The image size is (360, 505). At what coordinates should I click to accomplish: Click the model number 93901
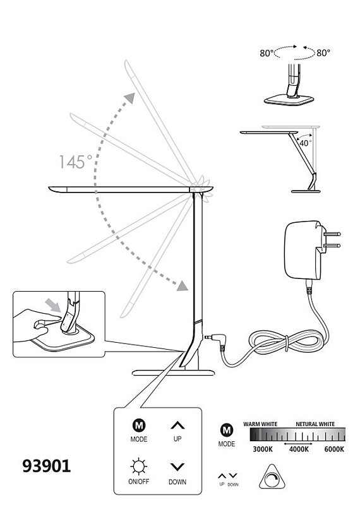coord(46,466)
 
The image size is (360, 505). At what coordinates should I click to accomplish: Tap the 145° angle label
coord(75,162)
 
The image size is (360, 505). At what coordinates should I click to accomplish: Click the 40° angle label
coord(305,143)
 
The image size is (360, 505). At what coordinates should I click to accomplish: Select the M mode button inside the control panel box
coord(139,425)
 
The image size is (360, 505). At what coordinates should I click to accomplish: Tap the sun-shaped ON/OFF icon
coord(139,466)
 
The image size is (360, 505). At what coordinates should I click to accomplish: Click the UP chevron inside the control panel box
coord(177,425)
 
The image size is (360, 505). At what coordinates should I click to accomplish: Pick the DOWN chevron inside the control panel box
coord(177,466)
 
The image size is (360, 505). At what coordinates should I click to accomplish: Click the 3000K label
coord(263,449)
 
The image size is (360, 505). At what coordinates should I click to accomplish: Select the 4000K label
coord(299,449)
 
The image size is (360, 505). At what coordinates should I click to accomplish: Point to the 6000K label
coord(334,449)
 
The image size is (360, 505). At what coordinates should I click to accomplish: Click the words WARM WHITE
coord(260,424)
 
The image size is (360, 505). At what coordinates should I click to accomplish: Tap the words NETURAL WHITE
coord(315,424)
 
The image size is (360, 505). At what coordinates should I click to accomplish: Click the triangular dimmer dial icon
coord(272,477)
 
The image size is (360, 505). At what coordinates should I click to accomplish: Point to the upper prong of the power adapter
coord(332,234)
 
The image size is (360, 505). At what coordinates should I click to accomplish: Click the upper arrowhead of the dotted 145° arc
coord(130,98)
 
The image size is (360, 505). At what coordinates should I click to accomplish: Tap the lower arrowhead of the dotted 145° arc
coord(183,285)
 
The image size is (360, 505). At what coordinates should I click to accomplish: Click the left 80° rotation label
coord(267,53)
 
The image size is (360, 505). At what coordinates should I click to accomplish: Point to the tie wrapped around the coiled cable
coord(286,343)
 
